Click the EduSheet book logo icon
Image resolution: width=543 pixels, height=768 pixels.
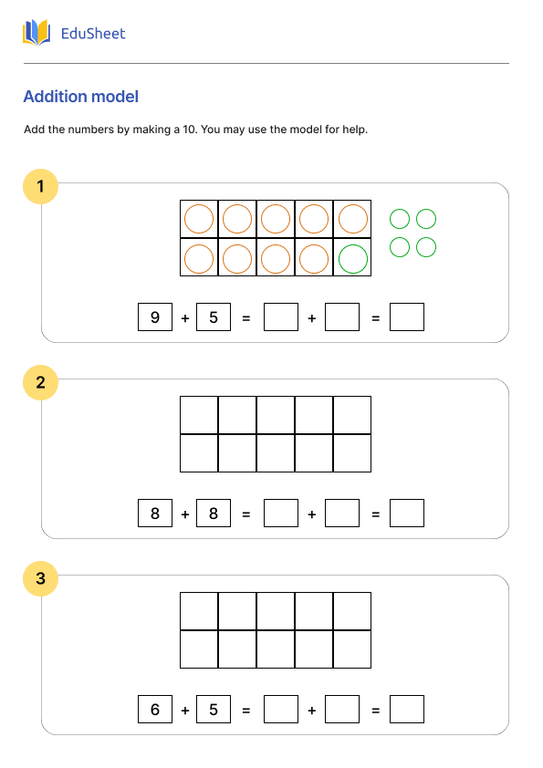pyautogui.click(x=37, y=33)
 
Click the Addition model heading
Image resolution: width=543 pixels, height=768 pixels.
pyautogui.click(x=81, y=97)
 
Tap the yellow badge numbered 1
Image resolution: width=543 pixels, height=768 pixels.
pyautogui.click(x=41, y=187)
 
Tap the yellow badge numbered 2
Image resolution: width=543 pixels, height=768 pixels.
pyautogui.click(x=41, y=382)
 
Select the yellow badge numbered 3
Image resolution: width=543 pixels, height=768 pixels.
pyautogui.click(x=41, y=578)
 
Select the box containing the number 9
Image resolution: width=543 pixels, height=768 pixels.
pyautogui.click(x=155, y=317)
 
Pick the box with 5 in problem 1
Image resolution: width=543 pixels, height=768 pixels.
pyautogui.click(x=214, y=317)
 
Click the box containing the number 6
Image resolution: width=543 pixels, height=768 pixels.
pyautogui.click(x=155, y=709)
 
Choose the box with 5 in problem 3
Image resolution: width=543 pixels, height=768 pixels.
pyautogui.click(x=214, y=709)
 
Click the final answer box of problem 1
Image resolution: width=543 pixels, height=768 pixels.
pyautogui.click(x=407, y=317)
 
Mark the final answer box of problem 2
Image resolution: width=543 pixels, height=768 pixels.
pyautogui.click(x=407, y=513)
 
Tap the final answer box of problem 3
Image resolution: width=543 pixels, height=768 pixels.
pyautogui.click(x=407, y=709)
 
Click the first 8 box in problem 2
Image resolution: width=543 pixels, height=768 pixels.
pyautogui.click(x=155, y=513)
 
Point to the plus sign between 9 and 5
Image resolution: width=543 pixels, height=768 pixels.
pyautogui.click(x=185, y=318)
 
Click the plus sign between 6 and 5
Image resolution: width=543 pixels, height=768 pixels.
pyautogui.click(x=185, y=711)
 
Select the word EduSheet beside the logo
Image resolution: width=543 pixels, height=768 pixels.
pyautogui.click(x=93, y=34)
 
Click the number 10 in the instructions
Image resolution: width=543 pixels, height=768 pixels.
pyautogui.click(x=189, y=130)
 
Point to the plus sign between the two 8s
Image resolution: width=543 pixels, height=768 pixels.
pyautogui.click(x=185, y=514)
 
